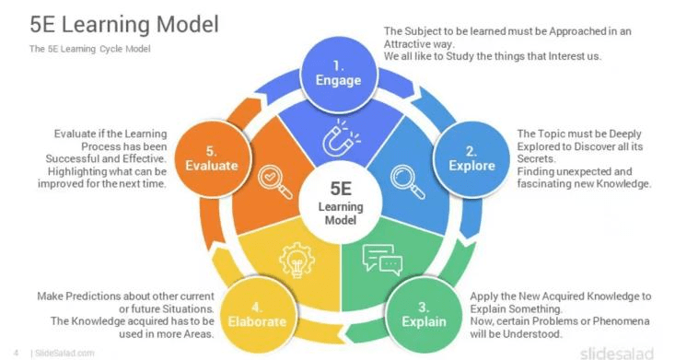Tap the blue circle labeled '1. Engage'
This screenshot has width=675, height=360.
pyautogui.click(x=339, y=72)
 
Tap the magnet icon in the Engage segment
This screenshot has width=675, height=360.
pyautogui.click(x=337, y=137)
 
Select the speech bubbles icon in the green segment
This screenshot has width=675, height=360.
pyautogui.click(x=382, y=259)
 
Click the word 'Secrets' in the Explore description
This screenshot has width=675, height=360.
pyautogui.click(x=538, y=158)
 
